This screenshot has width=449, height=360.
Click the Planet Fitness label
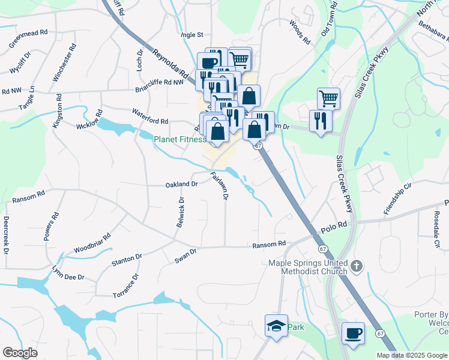click(x=179, y=139)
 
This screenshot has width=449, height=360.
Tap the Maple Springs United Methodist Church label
click(x=308, y=267)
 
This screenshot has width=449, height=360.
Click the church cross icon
click(x=357, y=265)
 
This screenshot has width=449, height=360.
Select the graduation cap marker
click(x=276, y=325)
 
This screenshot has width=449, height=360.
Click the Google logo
click(x=20, y=353)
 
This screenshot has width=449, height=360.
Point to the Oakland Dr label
click(x=181, y=185)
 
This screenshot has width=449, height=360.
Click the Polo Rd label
click(x=334, y=227)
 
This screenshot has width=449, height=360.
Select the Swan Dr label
click(x=185, y=255)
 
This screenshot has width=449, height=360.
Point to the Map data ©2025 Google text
click(x=412, y=355)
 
